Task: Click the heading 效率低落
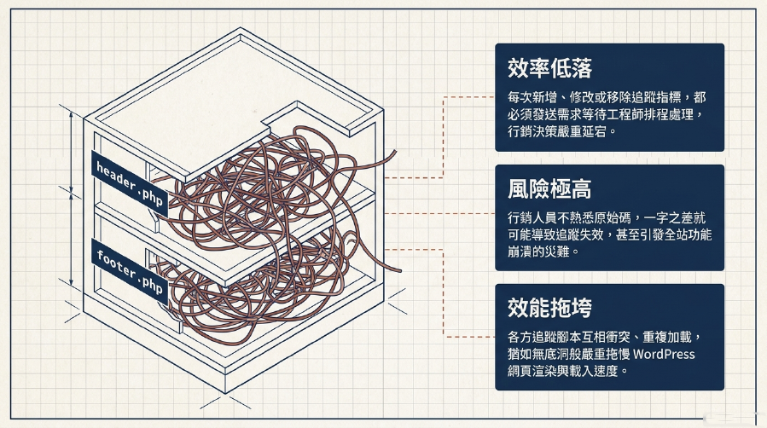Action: pos(549,68)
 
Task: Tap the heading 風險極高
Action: pos(549,188)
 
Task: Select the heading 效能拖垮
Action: pos(549,307)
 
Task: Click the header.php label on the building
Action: pos(130,183)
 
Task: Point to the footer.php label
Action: pos(130,272)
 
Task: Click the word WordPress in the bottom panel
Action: pos(664,354)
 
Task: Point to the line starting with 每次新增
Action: pos(607,97)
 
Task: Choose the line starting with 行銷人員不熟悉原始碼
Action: pos(607,217)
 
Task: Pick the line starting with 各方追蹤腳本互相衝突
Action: pos(605,337)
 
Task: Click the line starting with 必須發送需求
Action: pos(605,114)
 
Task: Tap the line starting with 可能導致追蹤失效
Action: pos(609,234)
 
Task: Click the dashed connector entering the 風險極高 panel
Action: pos(440,213)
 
